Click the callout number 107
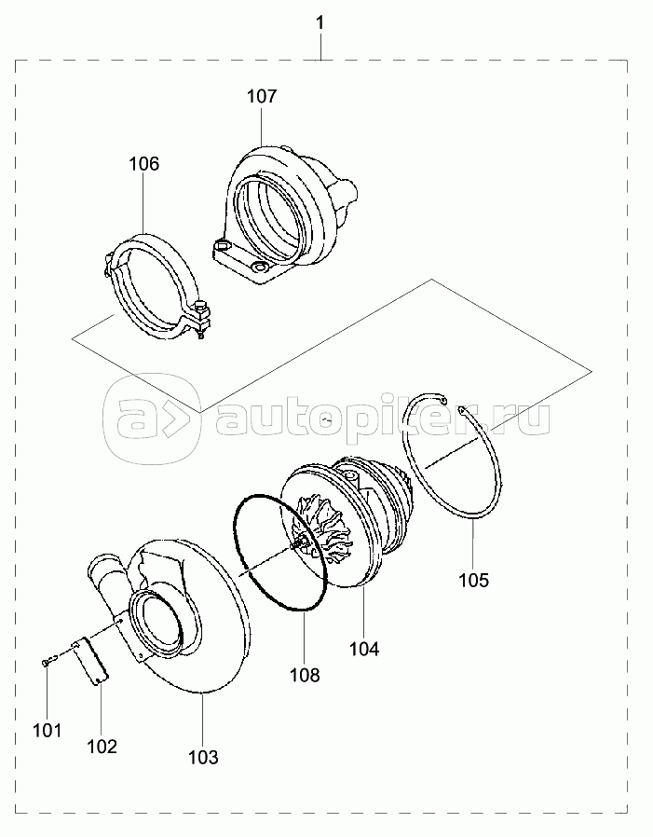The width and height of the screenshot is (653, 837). pyautogui.click(x=262, y=96)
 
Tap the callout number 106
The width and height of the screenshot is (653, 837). pyautogui.click(x=144, y=164)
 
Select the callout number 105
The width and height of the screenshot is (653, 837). pyautogui.click(x=474, y=580)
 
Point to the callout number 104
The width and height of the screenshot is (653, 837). pyautogui.click(x=364, y=649)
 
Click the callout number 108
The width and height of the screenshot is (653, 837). pyautogui.click(x=305, y=675)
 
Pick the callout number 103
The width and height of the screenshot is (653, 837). pyautogui.click(x=203, y=757)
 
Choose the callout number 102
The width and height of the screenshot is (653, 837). pyautogui.click(x=102, y=747)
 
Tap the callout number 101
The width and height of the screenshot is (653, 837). pyautogui.click(x=48, y=730)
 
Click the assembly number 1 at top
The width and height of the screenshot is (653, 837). pyautogui.click(x=320, y=23)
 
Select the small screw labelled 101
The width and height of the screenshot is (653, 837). pyautogui.click(x=46, y=662)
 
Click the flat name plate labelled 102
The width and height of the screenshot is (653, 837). pyautogui.click(x=92, y=661)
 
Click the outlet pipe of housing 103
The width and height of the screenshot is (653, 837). pyautogui.click(x=108, y=578)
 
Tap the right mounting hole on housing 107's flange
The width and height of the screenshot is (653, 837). pyautogui.click(x=260, y=267)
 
